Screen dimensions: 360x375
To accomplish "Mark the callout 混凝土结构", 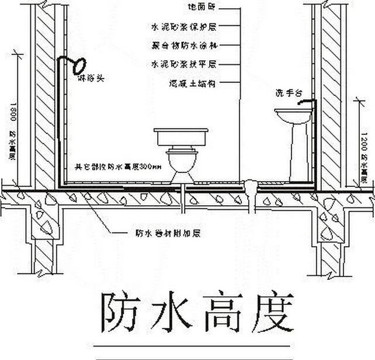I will tap(192, 84).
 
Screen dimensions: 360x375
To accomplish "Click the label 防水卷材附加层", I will tap(168, 233).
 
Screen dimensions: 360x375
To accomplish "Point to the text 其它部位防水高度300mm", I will tap(118, 167).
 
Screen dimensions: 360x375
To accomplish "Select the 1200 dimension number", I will tap(364, 141).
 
